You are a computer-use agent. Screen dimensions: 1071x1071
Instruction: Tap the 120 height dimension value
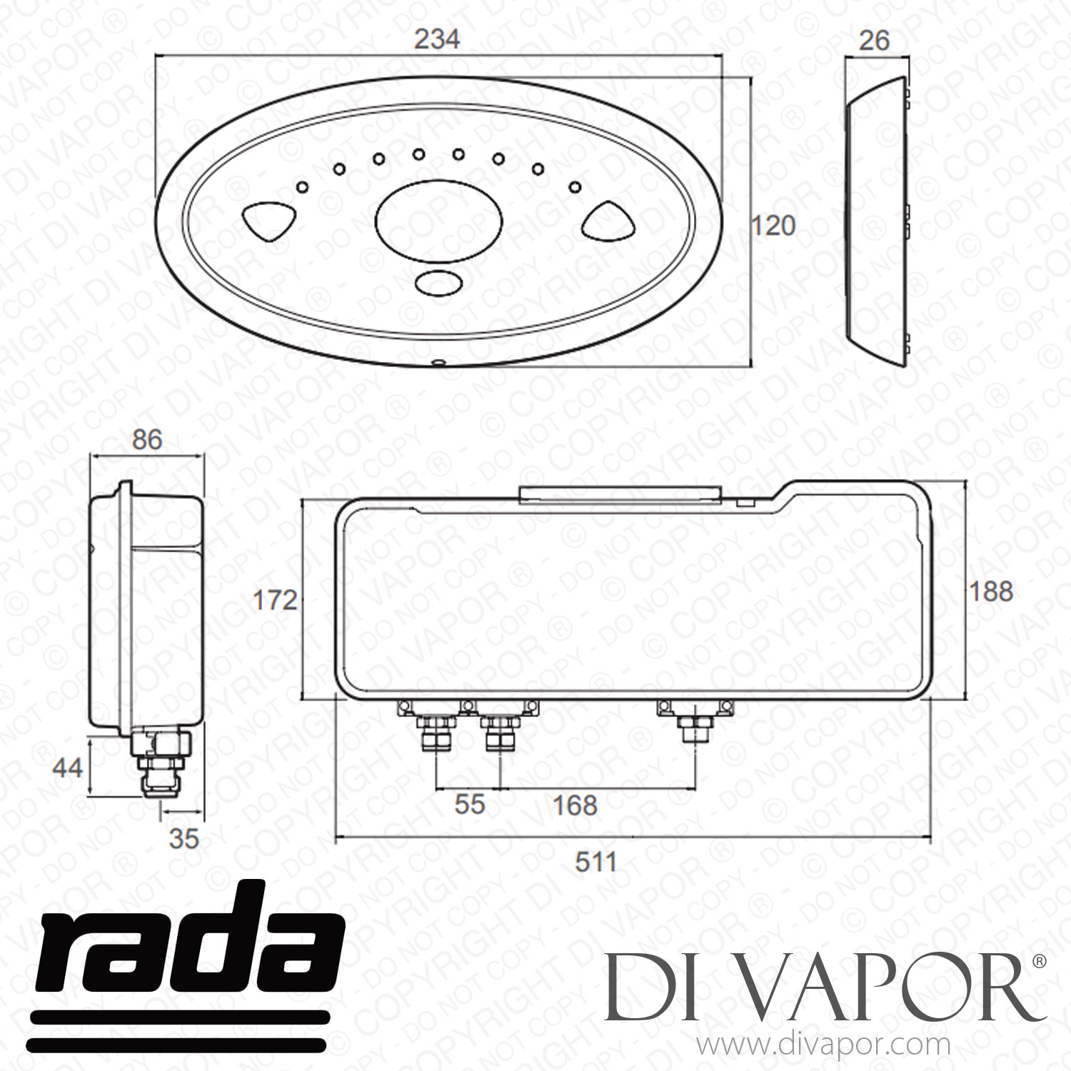(x=773, y=226)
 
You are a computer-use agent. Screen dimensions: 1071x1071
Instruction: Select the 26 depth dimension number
(x=874, y=41)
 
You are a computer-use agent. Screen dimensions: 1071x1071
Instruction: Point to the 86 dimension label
(x=147, y=439)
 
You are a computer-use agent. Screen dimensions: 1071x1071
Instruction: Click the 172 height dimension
(x=276, y=600)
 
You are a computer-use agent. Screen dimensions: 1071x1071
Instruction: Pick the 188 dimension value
(x=991, y=591)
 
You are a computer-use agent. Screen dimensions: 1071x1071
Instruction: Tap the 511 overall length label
(x=596, y=862)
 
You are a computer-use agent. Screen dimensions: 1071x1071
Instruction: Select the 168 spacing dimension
(x=575, y=805)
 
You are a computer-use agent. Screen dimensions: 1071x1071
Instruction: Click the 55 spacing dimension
(x=470, y=804)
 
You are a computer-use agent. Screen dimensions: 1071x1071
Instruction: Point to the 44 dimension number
(x=68, y=768)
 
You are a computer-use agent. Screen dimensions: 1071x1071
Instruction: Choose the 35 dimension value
(x=183, y=838)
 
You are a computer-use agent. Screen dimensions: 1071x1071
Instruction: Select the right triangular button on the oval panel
(x=608, y=220)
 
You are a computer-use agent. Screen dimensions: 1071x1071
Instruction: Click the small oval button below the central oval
(x=438, y=283)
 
